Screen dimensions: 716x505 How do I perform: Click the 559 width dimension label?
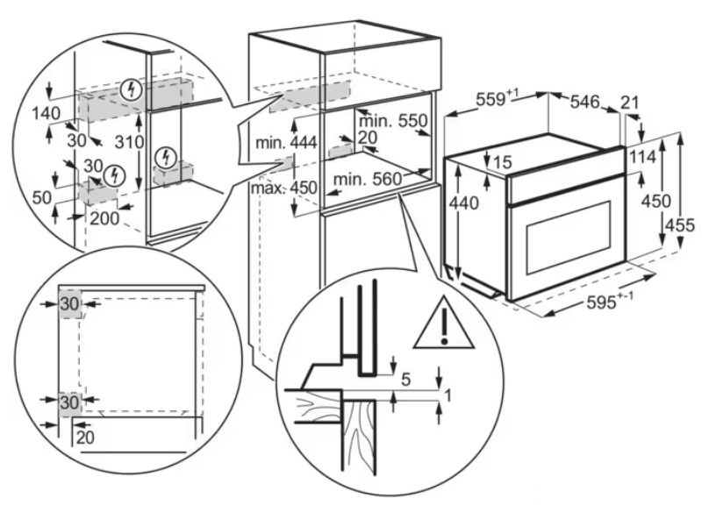coord(498,99)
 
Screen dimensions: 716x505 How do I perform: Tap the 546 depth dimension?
coord(584,102)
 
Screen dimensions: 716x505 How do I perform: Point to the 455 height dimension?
coord(680,225)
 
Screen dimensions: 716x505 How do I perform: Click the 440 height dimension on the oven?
coord(463,203)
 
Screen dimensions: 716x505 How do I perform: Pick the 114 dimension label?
coord(642,156)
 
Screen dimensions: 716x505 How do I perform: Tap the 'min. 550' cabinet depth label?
coord(393,121)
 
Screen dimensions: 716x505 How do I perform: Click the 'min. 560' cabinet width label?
coord(367,179)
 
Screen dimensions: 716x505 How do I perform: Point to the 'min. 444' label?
coord(286,143)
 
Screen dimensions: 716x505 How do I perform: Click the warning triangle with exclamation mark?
coord(443,324)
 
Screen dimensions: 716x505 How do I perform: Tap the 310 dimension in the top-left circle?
coord(129,142)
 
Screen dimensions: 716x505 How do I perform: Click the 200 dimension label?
coord(104,218)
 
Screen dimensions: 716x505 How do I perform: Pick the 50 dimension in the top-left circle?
coord(42,197)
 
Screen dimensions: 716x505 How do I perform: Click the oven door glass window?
coord(569,239)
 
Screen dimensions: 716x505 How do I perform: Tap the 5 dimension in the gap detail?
coord(406,379)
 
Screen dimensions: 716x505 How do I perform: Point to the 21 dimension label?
coord(630,103)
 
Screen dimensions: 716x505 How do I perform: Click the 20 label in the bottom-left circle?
coord(85,437)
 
